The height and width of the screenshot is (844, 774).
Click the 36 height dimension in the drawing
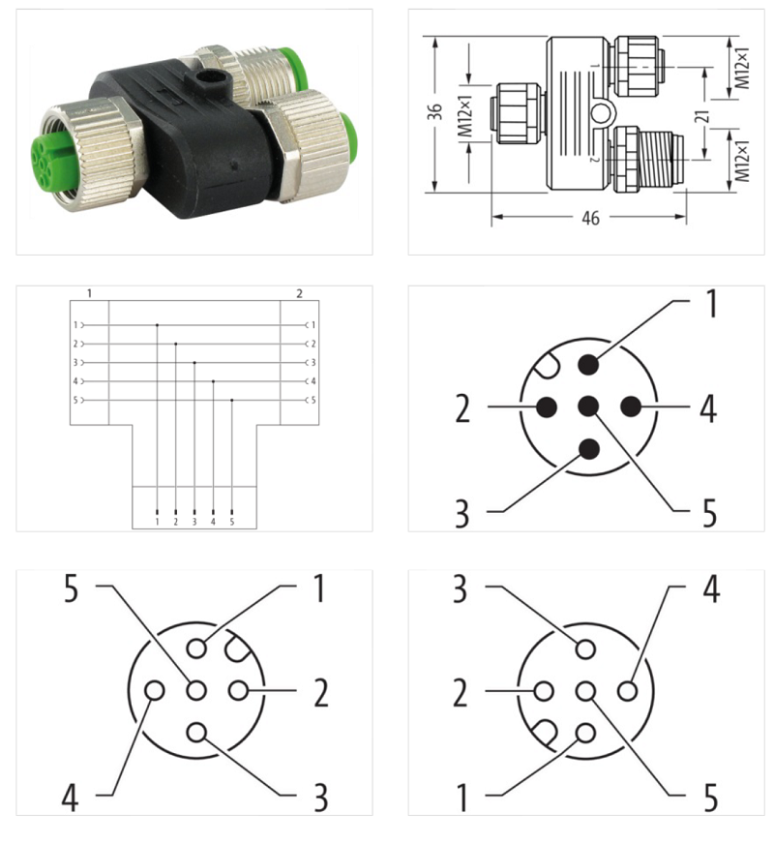435,113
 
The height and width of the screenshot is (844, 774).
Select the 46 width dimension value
588,219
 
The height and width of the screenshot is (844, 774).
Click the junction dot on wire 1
158,325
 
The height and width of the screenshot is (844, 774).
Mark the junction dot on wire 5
231,400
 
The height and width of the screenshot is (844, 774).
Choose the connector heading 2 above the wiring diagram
299,292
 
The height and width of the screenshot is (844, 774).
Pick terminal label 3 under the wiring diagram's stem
194,522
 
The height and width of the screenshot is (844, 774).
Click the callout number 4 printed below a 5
69,799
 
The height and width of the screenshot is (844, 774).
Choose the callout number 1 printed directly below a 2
462,799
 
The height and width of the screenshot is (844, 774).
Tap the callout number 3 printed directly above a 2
462,589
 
